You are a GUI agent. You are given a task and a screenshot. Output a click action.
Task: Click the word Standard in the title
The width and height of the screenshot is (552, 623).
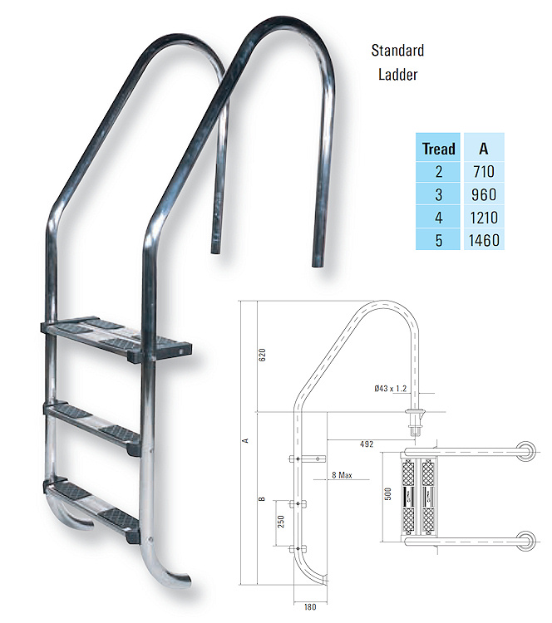click(x=397, y=51)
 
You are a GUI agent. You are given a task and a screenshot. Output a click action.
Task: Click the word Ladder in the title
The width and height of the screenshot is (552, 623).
click(x=397, y=74)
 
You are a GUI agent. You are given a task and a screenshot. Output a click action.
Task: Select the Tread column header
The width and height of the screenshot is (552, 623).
click(x=438, y=150)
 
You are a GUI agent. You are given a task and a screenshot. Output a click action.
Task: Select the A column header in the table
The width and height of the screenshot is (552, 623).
click(x=483, y=150)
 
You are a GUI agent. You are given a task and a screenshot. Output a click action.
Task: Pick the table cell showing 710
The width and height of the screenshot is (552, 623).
click(x=483, y=173)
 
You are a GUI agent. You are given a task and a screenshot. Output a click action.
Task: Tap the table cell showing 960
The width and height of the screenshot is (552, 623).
click(x=483, y=195)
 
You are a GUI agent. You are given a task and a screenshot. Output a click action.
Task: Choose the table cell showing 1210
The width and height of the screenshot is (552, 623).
click(x=483, y=218)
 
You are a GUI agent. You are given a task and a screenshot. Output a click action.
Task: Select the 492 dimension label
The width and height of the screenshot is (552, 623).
click(x=365, y=444)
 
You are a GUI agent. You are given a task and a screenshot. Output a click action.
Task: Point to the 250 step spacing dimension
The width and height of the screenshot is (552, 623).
click(x=282, y=525)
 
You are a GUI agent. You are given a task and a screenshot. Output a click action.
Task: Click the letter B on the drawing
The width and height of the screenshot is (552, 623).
click(x=261, y=499)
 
